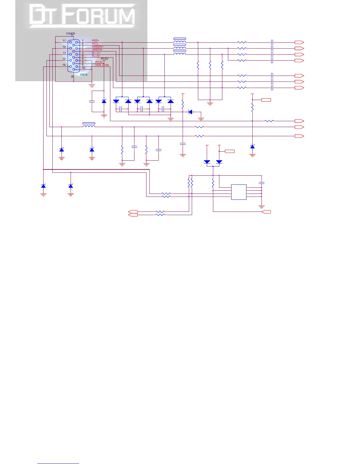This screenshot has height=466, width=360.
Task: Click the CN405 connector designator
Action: click(70, 34)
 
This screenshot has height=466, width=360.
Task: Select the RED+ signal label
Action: click(96, 41)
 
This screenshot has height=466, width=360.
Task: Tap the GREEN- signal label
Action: click(97, 50)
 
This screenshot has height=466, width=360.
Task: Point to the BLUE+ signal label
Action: click(96, 53)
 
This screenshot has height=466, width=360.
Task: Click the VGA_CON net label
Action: click(102, 65)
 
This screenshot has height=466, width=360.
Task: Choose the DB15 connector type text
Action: click(84, 75)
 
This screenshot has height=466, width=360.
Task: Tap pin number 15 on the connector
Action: click(64, 65)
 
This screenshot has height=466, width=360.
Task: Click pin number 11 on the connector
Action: click(64, 41)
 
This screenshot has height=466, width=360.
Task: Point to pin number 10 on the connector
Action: click(84, 68)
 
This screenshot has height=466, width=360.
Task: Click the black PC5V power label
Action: click(104, 59)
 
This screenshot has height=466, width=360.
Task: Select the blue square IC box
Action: click(239, 192)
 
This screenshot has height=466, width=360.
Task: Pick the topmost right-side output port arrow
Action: click(299, 42)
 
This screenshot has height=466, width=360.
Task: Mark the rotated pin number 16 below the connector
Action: click(72, 76)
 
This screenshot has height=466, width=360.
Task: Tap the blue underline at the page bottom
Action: click(58, 463)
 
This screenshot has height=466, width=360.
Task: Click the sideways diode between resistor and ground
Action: click(190, 112)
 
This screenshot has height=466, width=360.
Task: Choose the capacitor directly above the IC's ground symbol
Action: click(261, 183)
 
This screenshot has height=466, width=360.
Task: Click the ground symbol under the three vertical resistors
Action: click(210, 104)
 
